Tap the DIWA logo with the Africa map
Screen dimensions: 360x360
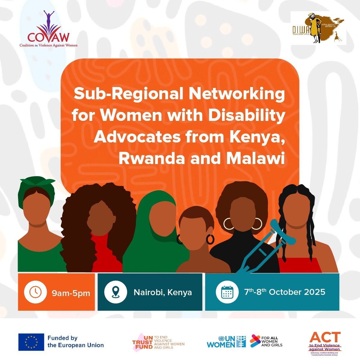(x=318, y=28)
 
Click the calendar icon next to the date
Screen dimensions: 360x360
(x=227, y=292)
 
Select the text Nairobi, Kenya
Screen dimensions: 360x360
(x=163, y=292)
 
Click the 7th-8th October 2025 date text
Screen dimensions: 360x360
(x=284, y=292)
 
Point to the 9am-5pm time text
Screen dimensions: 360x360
(x=71, y=293)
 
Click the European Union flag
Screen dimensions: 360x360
(x=31, y=342)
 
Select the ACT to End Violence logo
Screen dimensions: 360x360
(x=325, y=342)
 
